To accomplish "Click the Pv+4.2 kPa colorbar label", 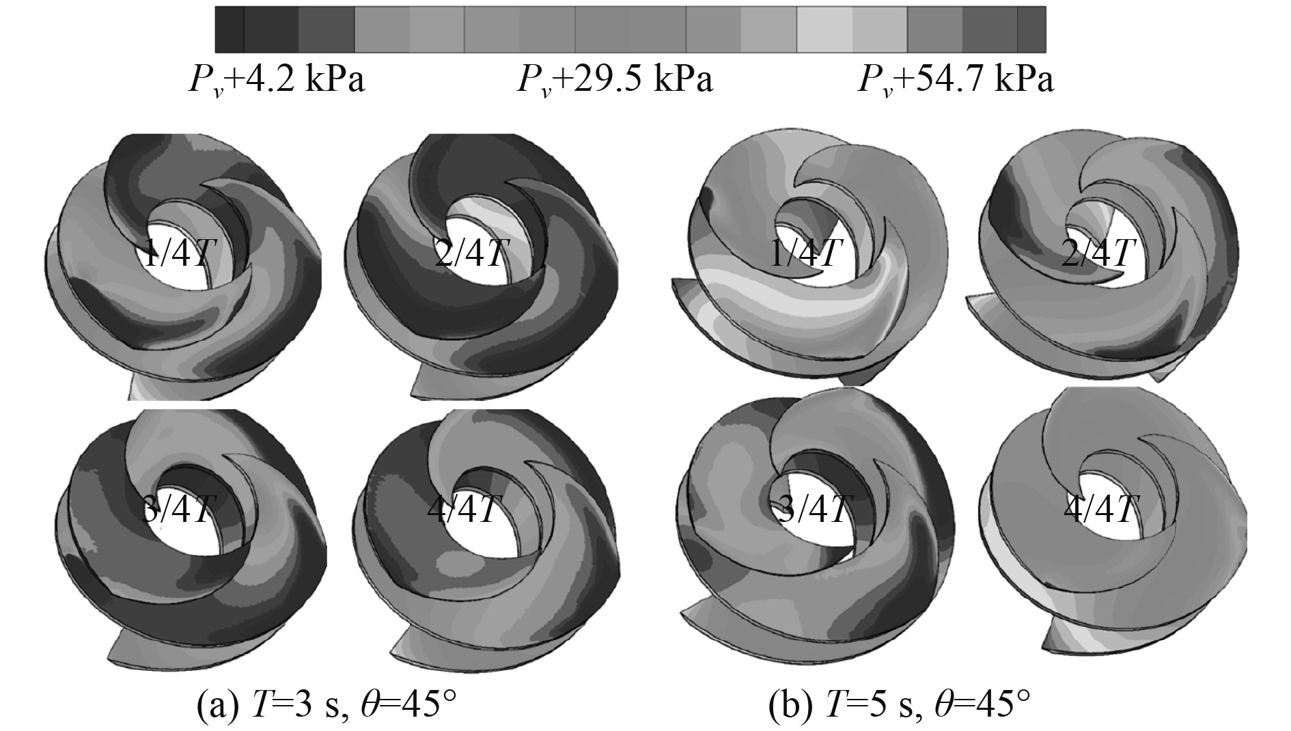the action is pos(277,81).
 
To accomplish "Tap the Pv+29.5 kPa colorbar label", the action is pos(615,81).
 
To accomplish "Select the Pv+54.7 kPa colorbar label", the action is pos(956,81).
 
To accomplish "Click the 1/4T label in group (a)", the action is pos(181,254).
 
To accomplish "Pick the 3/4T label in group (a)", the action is pos(181,509).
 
